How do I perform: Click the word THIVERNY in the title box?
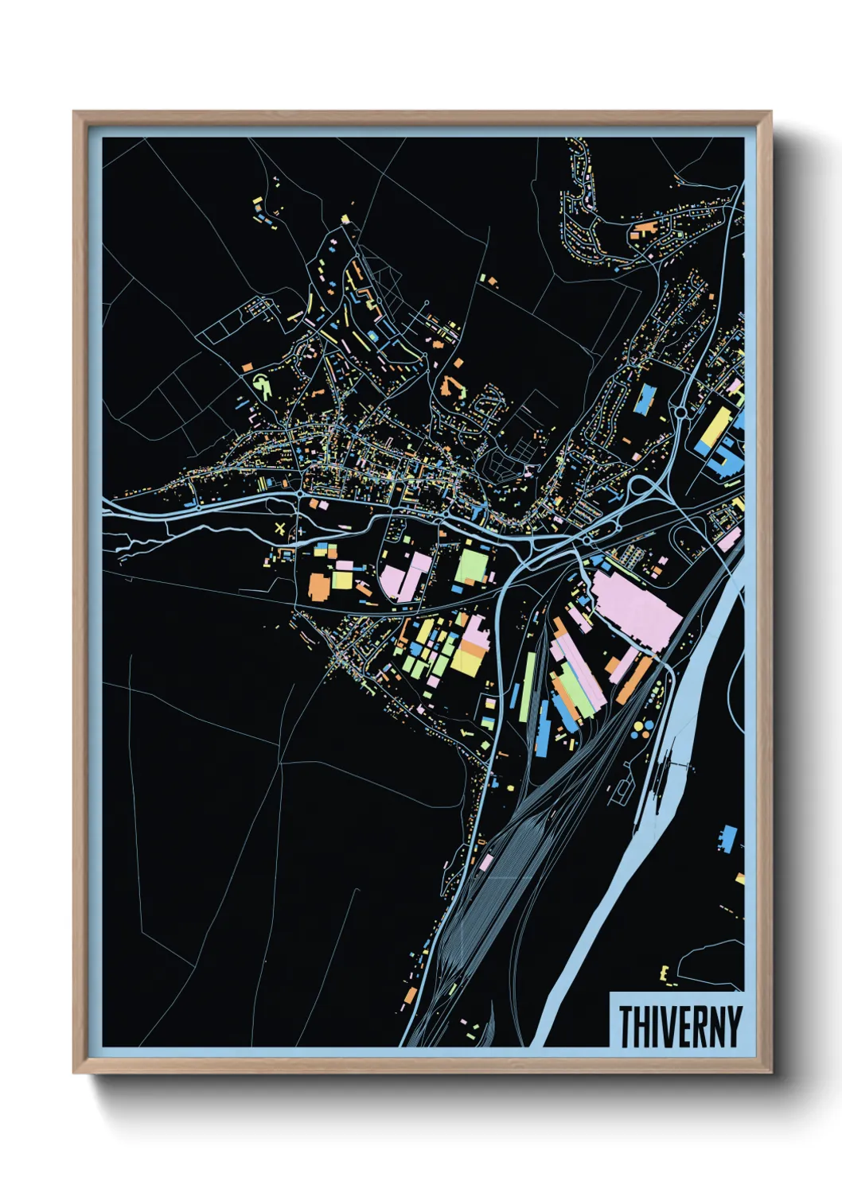coord(679,1026)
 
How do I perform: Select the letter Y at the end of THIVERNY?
coord(734,1026)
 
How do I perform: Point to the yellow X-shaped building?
coord(279,528)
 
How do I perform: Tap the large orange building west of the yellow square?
coord(319,584)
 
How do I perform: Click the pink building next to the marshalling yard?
coord(485,862)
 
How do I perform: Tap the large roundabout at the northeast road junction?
coord(681,412)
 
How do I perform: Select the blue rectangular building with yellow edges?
coord(644,398)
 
